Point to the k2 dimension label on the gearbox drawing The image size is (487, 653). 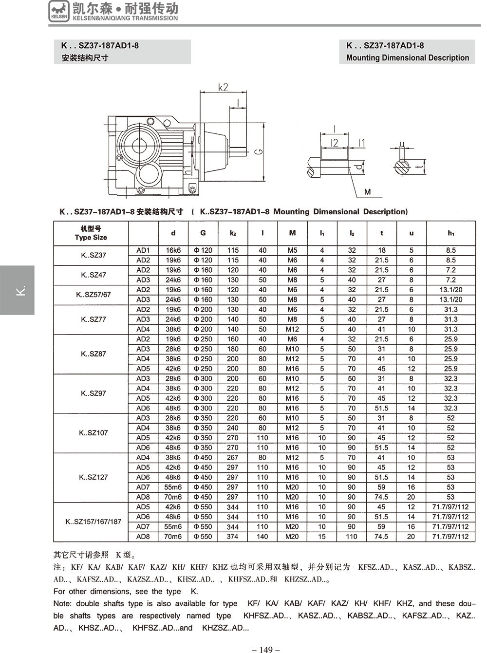pyautogui.click(x=223, y=88)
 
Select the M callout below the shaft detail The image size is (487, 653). pyautogui.click(x=367, y=192)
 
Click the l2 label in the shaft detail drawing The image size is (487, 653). pyautogui.click(x=334, y=143)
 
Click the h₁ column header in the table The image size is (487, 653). pyautogui.click(x=450, y=233)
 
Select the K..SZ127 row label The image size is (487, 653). pyautogui.click(x=94, y=477)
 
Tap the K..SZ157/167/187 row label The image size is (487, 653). pyautogui.click(x=94, y=522)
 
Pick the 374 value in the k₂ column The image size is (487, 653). pyautogui.click(x=233, y=537)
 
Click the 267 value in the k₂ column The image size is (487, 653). pyautogui.click(x=233, y=458)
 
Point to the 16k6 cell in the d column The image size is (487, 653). pyautogui.click(x=173, y=250)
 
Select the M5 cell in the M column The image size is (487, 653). pyautogui.click(x=292, y=250)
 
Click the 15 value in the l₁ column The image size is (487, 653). pyautogui.click(x=322, y=537)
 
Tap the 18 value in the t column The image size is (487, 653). pyautogui.click(x=381, y=250)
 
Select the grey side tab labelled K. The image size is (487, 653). pyautogui.click(x=18, y=290)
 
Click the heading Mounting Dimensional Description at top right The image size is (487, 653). pyautogui.click(x=407, y=58)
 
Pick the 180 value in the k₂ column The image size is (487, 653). pyautogui.click(x=233, y=349)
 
